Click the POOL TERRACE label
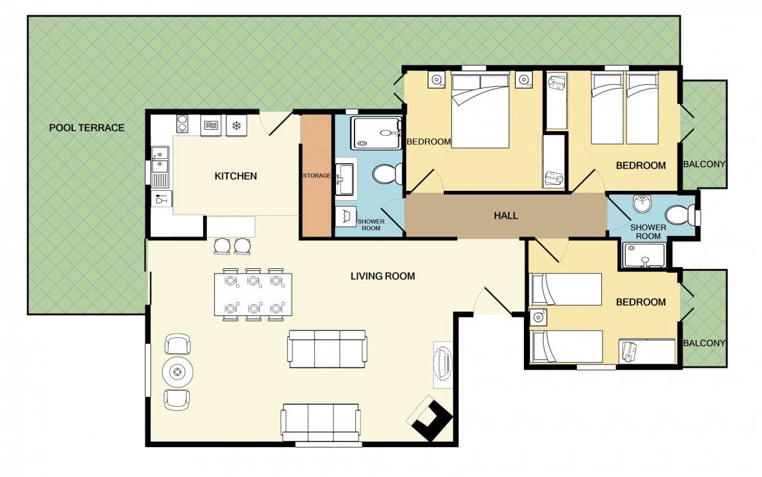pos(87,128)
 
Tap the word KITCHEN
pos(235,176)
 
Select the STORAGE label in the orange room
pos(316,176)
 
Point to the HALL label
pos(506,215)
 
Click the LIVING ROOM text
pos(383,276)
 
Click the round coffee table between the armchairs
pos(177,372)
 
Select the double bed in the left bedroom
pos(480,111)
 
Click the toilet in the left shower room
pos(388,174)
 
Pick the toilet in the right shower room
pos(681,215)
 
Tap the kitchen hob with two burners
pos(182,123)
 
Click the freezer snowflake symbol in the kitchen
pos(237,126)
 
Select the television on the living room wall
pos(443,364)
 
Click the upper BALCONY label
pos(704,164)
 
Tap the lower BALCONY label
pos(704,343)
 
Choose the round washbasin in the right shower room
pos(642,203)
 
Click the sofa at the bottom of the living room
pos(321,423)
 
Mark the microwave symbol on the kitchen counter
pos(211,126)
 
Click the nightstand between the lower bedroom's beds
pos(538,317)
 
